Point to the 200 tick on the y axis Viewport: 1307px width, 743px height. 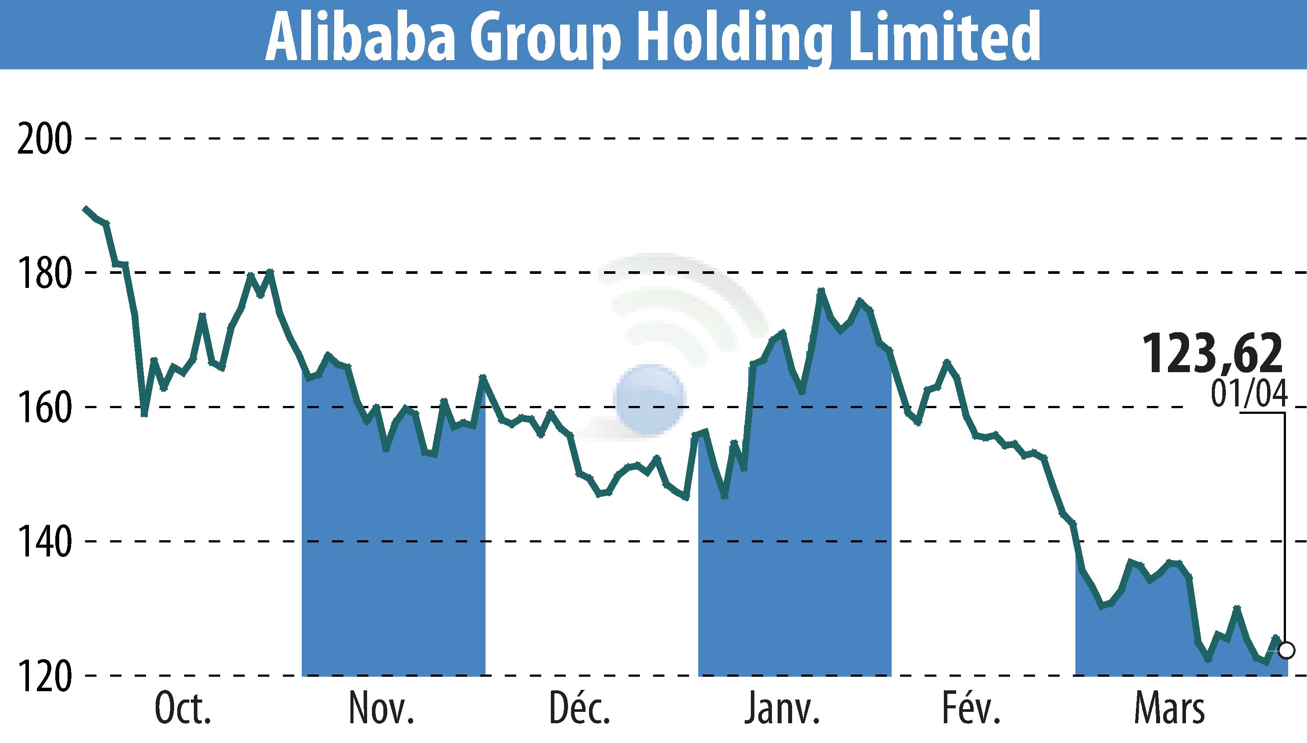pyautogui.click(x=44, y=139)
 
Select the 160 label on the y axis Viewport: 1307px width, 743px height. pyautogui.click(x=44, y=408)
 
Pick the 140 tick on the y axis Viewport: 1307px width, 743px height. pyautogui.click(x=44, y=542)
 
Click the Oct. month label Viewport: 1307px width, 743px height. pyautogui.click(x=182, y=709)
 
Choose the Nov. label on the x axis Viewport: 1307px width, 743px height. pyautogui.click(x=381, y=709)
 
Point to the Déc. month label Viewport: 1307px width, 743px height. pyautogui.click(x=579, y=708)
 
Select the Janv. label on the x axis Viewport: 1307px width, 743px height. pyautogui.click(x=781, y=709)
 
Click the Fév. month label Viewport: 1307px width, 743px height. pyautogui.click(x=971, y=708)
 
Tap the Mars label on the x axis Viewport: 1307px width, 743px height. pyautogui.click(x=1169, y=709)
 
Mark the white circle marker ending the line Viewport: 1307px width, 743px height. pyautogui.click(x=1286, y=651)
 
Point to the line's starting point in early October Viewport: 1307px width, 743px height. pyautogui.click(x=85, y=208)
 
